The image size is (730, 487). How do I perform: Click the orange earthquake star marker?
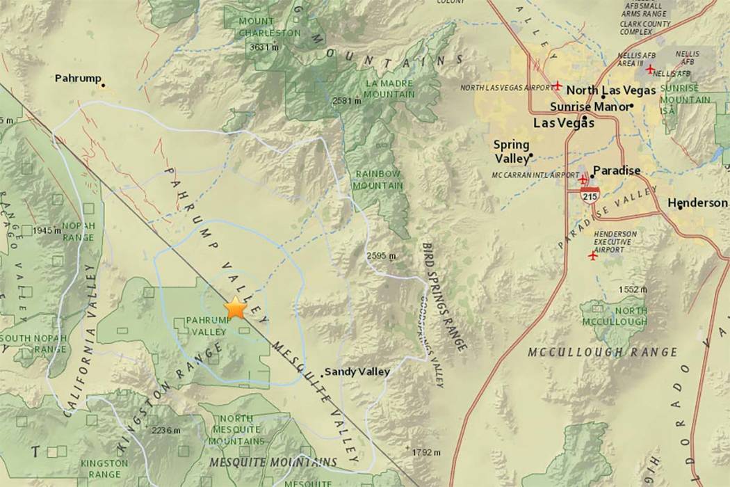click(x=236, y=307)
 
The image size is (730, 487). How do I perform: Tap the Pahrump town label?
click(x=78, y=79)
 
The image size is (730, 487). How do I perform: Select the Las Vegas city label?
click(x=563, y=123)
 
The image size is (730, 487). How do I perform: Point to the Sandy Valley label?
click(x=357, y=372)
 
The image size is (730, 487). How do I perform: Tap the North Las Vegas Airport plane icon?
click(x=558, y=86)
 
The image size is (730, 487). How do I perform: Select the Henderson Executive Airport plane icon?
click(x=592, y=255)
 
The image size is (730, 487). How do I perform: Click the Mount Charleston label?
click(x=270, y=26)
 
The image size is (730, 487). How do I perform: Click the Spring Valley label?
click(x=511, y=151)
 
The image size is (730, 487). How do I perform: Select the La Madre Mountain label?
click(x=389, y=88)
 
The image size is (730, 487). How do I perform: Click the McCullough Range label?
click(x=602, y=352)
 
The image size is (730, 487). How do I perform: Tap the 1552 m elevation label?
click(x=632, y=289)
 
